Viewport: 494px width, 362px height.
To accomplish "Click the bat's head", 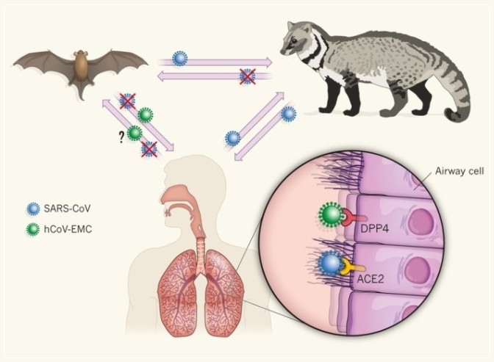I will click(77, 53).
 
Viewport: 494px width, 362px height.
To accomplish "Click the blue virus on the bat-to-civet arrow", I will click(179, 58).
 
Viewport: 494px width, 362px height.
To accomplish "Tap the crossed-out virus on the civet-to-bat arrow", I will click(248, 75).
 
